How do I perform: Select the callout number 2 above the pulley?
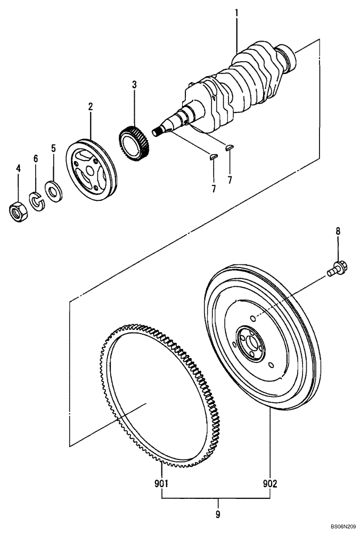click(91, 107)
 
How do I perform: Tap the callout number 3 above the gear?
click(134, 85)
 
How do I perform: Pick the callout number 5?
click(53, 148)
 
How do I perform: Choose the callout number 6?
click(36, 158)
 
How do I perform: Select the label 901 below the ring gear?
click(161, 484)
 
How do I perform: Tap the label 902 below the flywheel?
click(270, 484)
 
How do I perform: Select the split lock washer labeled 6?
click(36, 201)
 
